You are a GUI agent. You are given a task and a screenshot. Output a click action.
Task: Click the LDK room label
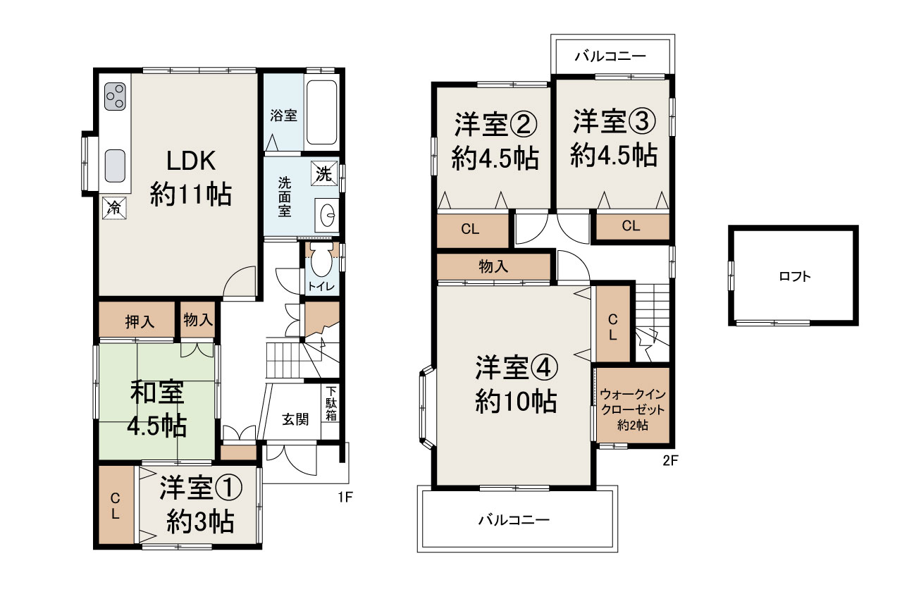pyautogui.click(x=190, y=161)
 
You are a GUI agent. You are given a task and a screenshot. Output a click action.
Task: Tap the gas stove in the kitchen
pyautogui.click(x=116, y=97)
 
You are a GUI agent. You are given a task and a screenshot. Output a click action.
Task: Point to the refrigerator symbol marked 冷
pyautogui.click(x=113, y=208)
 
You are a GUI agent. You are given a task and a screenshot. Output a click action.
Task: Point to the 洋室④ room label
pyautogui.click(x=517, y=367)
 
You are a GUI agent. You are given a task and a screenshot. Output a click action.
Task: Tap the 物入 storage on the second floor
pyautogui.click(x=493, y=266)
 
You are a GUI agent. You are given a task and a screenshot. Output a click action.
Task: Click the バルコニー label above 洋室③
pyautogui.click(x=610, y=56)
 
